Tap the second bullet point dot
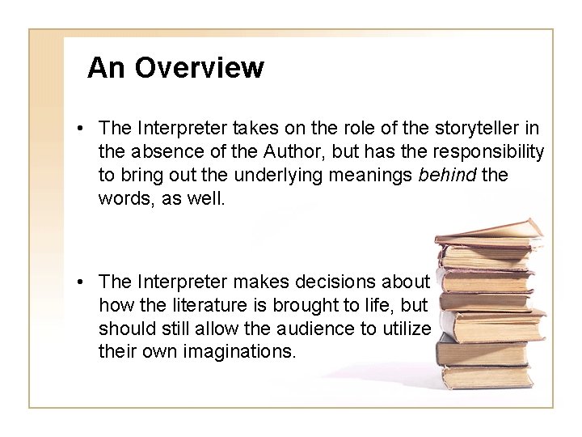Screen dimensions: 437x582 point(83,282)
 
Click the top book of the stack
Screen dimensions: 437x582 point(488,231)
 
